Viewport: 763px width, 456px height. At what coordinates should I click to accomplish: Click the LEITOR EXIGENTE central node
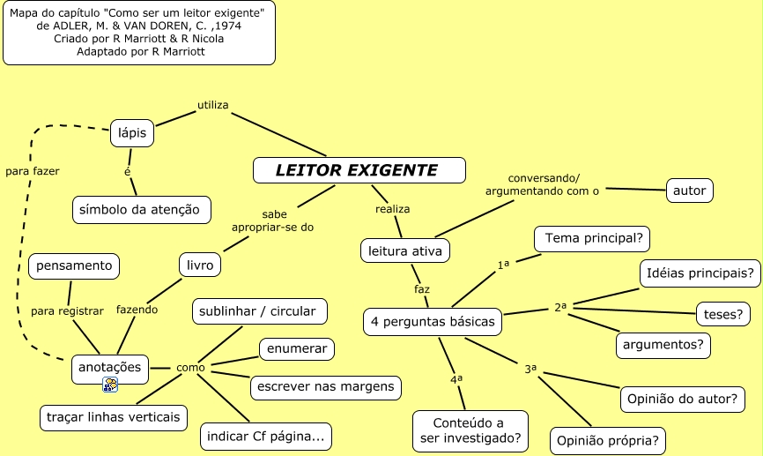(359, 170)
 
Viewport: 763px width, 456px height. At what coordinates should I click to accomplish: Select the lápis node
(132, 133)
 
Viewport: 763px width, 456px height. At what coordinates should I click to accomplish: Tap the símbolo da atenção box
(141, 210)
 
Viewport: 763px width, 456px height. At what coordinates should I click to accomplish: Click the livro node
(200, 265)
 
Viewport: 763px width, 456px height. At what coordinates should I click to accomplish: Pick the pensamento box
(74, 265)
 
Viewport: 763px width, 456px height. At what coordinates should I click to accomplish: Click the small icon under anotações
(110, 385)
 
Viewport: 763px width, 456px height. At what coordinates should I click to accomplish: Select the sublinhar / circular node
(260, 311)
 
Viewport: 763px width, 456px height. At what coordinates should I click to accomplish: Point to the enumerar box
(297, 348)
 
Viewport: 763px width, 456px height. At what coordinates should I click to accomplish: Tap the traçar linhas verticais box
(114, 416)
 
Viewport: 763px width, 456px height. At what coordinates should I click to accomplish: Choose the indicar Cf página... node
(268, 436)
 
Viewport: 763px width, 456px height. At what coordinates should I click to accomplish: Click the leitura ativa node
(405, 250)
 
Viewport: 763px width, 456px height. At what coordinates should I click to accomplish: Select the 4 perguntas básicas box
(432, 322)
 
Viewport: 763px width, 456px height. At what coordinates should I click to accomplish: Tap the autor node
(689, 190)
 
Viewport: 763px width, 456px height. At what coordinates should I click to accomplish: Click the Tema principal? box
(592, 238)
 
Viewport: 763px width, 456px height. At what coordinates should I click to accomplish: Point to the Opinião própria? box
(608, 439)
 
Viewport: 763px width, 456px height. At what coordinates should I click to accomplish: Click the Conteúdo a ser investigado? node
(470, 430)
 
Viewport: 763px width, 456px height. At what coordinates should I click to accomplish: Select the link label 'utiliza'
(212, 105)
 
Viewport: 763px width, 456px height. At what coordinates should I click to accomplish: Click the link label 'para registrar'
(67, 310)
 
